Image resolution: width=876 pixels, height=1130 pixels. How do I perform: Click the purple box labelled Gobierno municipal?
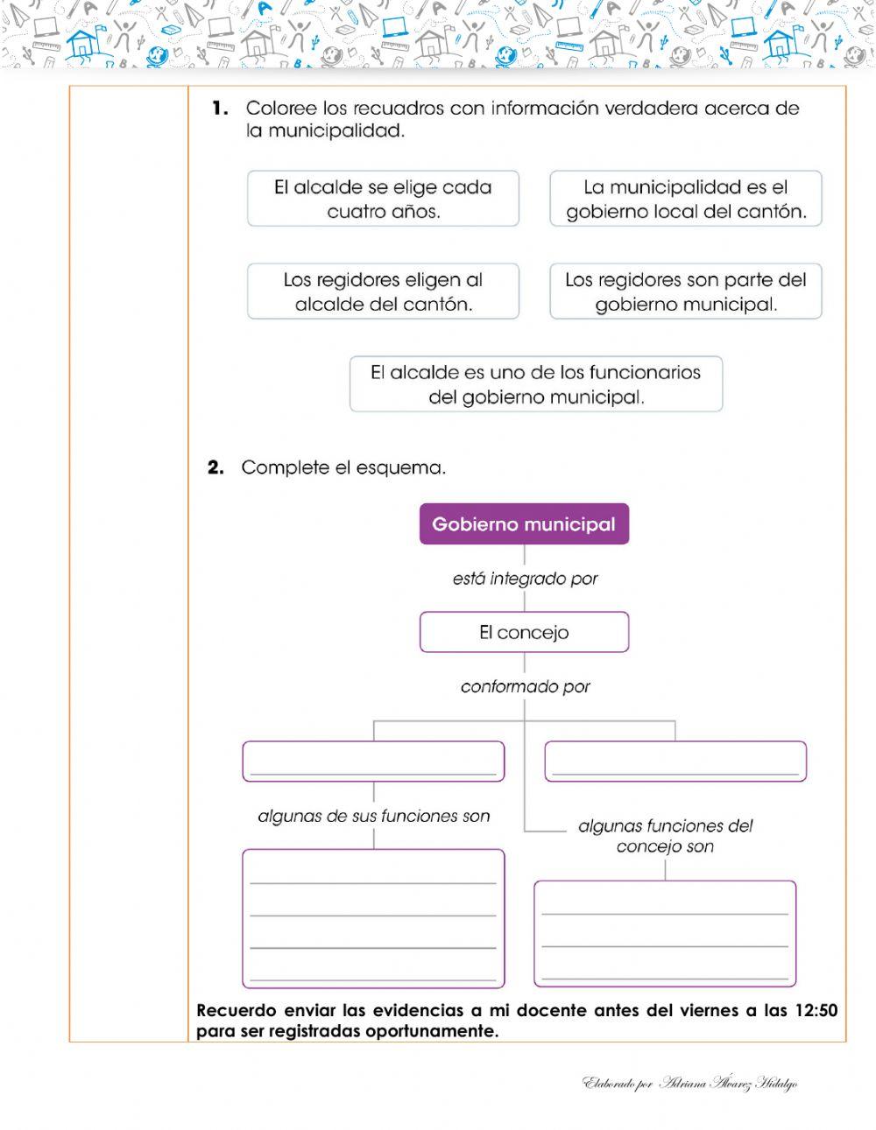(x=524, y=524)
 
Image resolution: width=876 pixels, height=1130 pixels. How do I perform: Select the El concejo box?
(x=524, y=632)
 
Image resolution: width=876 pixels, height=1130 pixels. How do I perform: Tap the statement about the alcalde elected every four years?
(x=383, y=199)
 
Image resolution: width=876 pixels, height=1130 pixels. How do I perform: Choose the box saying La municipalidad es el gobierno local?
(x=686, y=199)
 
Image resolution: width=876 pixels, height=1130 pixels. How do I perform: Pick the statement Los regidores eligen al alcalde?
(x=383, y=291)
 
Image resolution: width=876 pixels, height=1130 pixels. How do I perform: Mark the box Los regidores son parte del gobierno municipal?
(x=686, y=291)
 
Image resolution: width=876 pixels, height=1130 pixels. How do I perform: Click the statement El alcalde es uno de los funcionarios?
(x=535, y=384)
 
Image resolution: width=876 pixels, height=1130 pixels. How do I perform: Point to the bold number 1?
(x=220, y=109)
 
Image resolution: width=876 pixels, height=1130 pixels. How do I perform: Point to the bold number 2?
(x=216, y=467)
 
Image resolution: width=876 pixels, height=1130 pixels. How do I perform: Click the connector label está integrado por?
(x=525, y=579)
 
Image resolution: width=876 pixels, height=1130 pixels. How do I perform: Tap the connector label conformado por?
(x=525, y=687)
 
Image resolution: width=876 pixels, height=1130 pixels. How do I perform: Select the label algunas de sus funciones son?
(x=374, y=816)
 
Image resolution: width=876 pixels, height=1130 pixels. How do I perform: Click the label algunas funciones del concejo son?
(x=665, y=836)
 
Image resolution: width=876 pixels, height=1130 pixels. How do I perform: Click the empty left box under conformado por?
(x=373, y=761)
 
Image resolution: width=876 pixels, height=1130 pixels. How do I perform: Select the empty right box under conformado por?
(x=675, y=761)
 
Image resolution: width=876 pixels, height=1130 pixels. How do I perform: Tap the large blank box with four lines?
(x=373, y=918)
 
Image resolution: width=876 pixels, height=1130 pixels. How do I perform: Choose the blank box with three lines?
(x=665, y=934)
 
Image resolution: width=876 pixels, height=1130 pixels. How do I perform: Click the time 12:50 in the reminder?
(x=816, y=1011)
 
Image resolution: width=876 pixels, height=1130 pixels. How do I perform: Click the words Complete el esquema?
(x=343, y=467)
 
